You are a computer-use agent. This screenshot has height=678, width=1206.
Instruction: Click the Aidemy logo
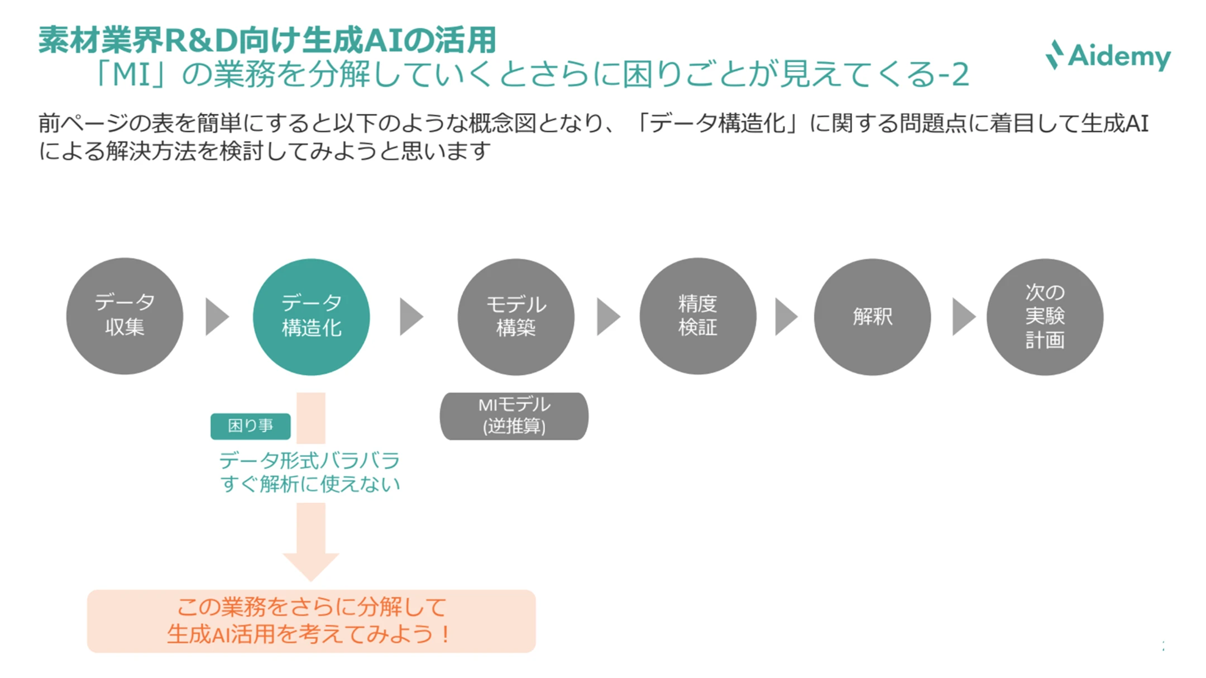1108,56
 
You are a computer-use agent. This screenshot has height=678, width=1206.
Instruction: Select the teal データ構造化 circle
311,317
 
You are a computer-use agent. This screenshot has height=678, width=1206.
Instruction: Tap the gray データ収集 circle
125,316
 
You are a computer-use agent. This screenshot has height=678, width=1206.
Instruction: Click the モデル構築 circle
515,317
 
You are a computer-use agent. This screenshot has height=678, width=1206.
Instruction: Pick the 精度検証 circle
697,316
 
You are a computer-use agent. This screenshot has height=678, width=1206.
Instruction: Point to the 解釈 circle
872,317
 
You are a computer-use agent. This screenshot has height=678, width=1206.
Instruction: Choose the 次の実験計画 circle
1045,317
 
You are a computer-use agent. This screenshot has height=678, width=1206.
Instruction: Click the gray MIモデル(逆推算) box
514,416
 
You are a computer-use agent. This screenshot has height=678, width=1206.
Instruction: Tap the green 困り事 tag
250,426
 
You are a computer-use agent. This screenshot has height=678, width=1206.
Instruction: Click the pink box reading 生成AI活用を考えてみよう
311,621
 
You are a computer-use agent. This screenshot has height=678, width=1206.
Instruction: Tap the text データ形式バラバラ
309,461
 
